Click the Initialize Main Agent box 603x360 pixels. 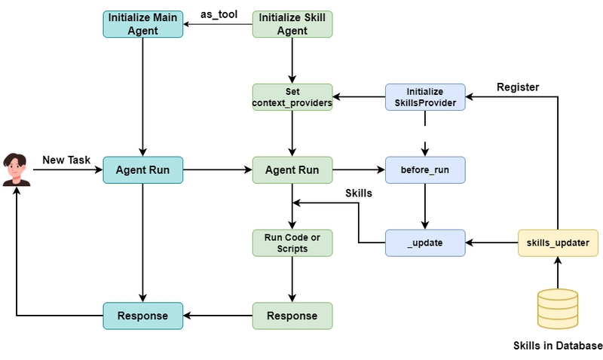(142, 24)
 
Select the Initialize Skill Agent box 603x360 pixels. (292, 24)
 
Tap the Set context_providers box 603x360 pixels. (292, 97)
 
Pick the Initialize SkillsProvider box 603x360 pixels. (425, 97)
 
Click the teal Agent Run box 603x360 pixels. (142, 170)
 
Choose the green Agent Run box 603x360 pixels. (292, 170)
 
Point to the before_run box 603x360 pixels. (425, 170)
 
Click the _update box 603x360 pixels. (425, 243)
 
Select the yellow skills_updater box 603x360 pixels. (558, 243)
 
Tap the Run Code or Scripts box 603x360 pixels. (292, 243)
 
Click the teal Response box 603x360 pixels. (142, 315)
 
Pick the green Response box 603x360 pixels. (292, 315)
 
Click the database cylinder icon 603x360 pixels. (557, 308)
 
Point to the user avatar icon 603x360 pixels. (16, 169)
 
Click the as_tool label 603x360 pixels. (219, 14)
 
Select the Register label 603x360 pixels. (518, 87)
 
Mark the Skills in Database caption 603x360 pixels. (557, 346)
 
